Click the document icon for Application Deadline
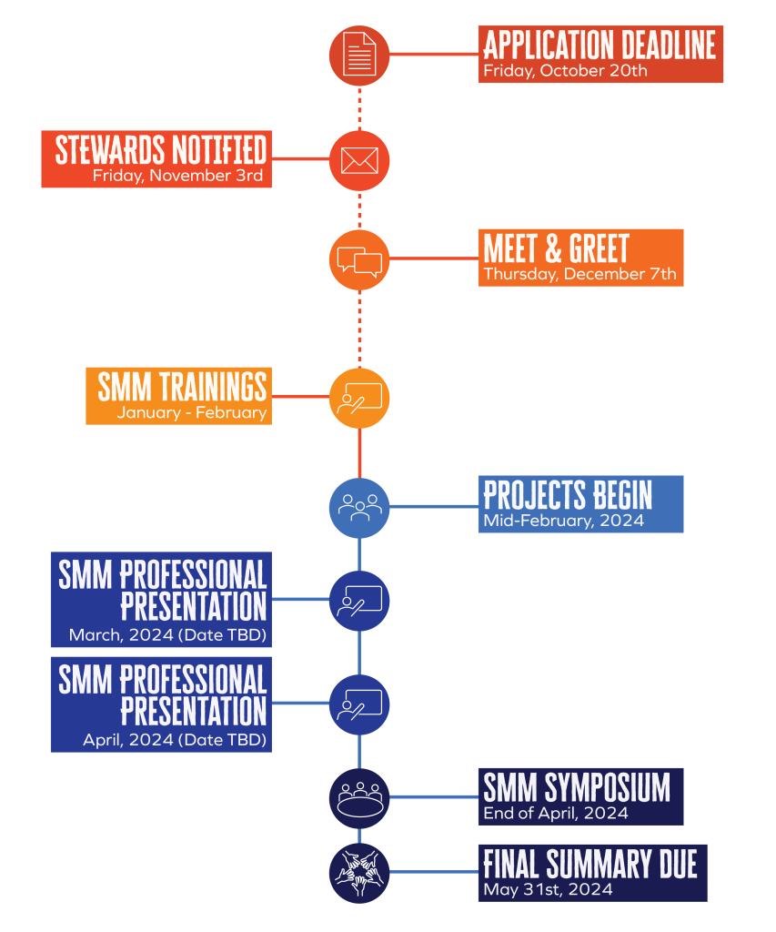(x=359, y=55)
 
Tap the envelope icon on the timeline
(x=359, y=159)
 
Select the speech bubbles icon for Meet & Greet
(x=359, y=261)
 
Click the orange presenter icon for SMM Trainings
(x=360, y=398)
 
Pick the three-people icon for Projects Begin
(x=359, y=505)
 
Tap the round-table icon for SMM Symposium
(x=359, y=798)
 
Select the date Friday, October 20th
(x=565, y=71)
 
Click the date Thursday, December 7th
(x=579, y=274)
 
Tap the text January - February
(x=191, y=412)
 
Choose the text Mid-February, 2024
(x=563, y=521)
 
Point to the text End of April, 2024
(x=555, y=813)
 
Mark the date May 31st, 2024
(x=548, y=889)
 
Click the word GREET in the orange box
(x=599, y=248)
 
